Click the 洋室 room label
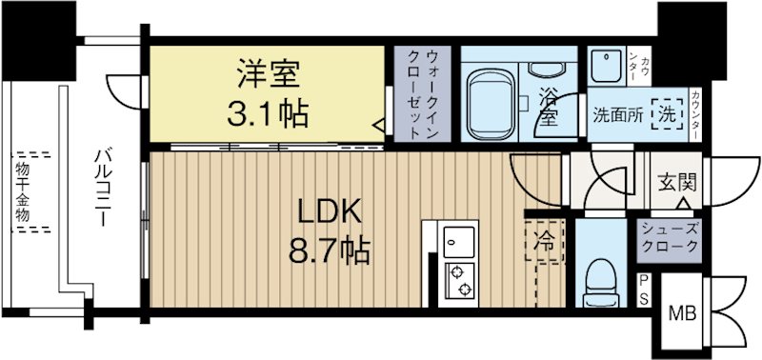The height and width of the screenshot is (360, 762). pyautogui.click(x=269, y=74)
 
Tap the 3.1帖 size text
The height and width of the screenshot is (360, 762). pyautogui.click(x=268, y=113)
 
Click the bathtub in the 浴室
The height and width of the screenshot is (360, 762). pyautogui.click(x=492, y=100)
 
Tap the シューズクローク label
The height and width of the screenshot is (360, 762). pyautogui.click(x=669, y=236)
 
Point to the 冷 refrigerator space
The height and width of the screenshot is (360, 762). pyautogui.click(x=544, y=239)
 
